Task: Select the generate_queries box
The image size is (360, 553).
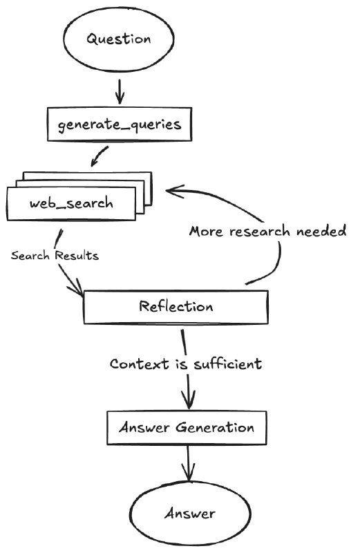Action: pos(120,124)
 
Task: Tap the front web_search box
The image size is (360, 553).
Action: pos(71,203)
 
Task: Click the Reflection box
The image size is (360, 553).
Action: pos(176,307)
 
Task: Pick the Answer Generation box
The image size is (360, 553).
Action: pos(187,428)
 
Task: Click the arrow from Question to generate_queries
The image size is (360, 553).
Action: pos(120,92)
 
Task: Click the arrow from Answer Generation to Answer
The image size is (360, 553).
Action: pos(188,462)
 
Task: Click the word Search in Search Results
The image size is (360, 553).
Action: pos(30,255)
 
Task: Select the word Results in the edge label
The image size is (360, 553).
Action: pos(77,255)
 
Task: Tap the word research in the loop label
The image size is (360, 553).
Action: pos(260,232)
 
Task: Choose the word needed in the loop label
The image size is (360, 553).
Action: pos(321,231)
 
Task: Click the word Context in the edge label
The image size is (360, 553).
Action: pos(140,364)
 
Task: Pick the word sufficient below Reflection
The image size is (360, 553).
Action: pos(228,364)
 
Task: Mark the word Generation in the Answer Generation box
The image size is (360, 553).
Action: pos(215,427)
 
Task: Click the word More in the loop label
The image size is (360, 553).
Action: pos(207,232)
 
